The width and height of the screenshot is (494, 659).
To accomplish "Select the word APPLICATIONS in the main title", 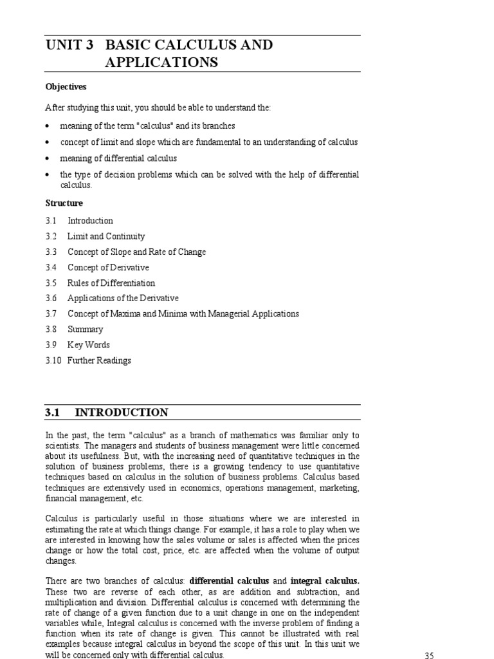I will [x=161, y=62].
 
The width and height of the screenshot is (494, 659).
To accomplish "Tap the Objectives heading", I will [x=66, y=87].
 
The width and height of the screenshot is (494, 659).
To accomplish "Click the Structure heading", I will [x=64, y=203].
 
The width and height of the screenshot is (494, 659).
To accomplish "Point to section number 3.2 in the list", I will [x=51, y=236].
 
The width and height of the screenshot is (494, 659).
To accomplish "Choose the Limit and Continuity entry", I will [x=106, y=236].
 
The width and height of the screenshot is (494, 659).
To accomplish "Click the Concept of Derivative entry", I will [x=108, y=267].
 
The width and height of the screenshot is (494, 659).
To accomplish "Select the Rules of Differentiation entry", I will [x=111, y=283].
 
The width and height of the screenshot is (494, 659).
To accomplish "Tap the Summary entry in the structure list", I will [x=85, y=329].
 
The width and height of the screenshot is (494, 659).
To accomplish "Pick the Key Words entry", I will [x=89, y=345].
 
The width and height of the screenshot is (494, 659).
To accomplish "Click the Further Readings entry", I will [x=99, y=360].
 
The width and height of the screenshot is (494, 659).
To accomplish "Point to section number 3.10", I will [x=53, y=360].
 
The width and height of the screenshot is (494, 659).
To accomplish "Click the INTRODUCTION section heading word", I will [x=122, y=413].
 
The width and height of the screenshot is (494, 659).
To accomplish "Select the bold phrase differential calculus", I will [x=230, y=580].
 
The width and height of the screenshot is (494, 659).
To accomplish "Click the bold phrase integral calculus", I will [x=325, y=580].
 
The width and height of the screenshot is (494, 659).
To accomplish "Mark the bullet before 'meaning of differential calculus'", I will [x=48, y=158].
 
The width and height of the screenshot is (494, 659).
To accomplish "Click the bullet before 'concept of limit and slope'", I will [x=48, y=142].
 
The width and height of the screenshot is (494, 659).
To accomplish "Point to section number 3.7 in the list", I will [x=51, y=314].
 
